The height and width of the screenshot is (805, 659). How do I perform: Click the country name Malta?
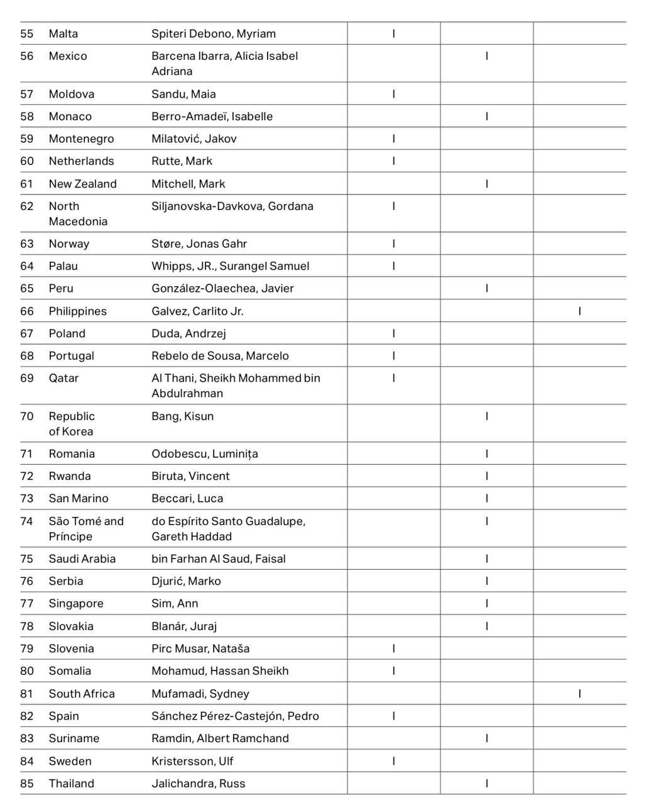tap(63, 34)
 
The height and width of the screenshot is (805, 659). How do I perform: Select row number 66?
tap(27, 311)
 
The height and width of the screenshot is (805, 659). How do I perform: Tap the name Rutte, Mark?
tap(182, 161)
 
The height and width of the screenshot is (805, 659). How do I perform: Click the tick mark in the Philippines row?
tap(579, 311)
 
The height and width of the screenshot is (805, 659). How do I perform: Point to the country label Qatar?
tap(63, 378)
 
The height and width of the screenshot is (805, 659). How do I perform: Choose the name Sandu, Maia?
tap(183, 94)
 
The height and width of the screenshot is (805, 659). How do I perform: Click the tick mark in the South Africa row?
tap(579, 694)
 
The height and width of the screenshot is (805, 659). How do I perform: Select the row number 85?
tap(27, 784)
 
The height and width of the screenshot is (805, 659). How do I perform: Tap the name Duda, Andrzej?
tap(188, 333)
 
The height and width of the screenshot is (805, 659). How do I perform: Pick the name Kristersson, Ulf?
tap(192, 761)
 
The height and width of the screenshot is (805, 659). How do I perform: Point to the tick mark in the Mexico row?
tap(487, 56)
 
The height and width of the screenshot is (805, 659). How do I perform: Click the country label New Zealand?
tap(83, 184)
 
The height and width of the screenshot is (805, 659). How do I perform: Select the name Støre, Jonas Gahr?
tap(199, 244)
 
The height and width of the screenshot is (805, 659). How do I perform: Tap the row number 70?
tap(27, 416)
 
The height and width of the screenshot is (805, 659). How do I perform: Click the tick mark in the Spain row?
tap(394, 716)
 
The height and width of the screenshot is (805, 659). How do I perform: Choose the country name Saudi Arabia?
tap(82, 558)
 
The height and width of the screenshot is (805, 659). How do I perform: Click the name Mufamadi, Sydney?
tap(200, 694)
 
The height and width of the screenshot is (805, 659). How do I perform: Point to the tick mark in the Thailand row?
tap(487, 784)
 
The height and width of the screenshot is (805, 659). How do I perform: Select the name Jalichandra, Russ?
tap(199, 784)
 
